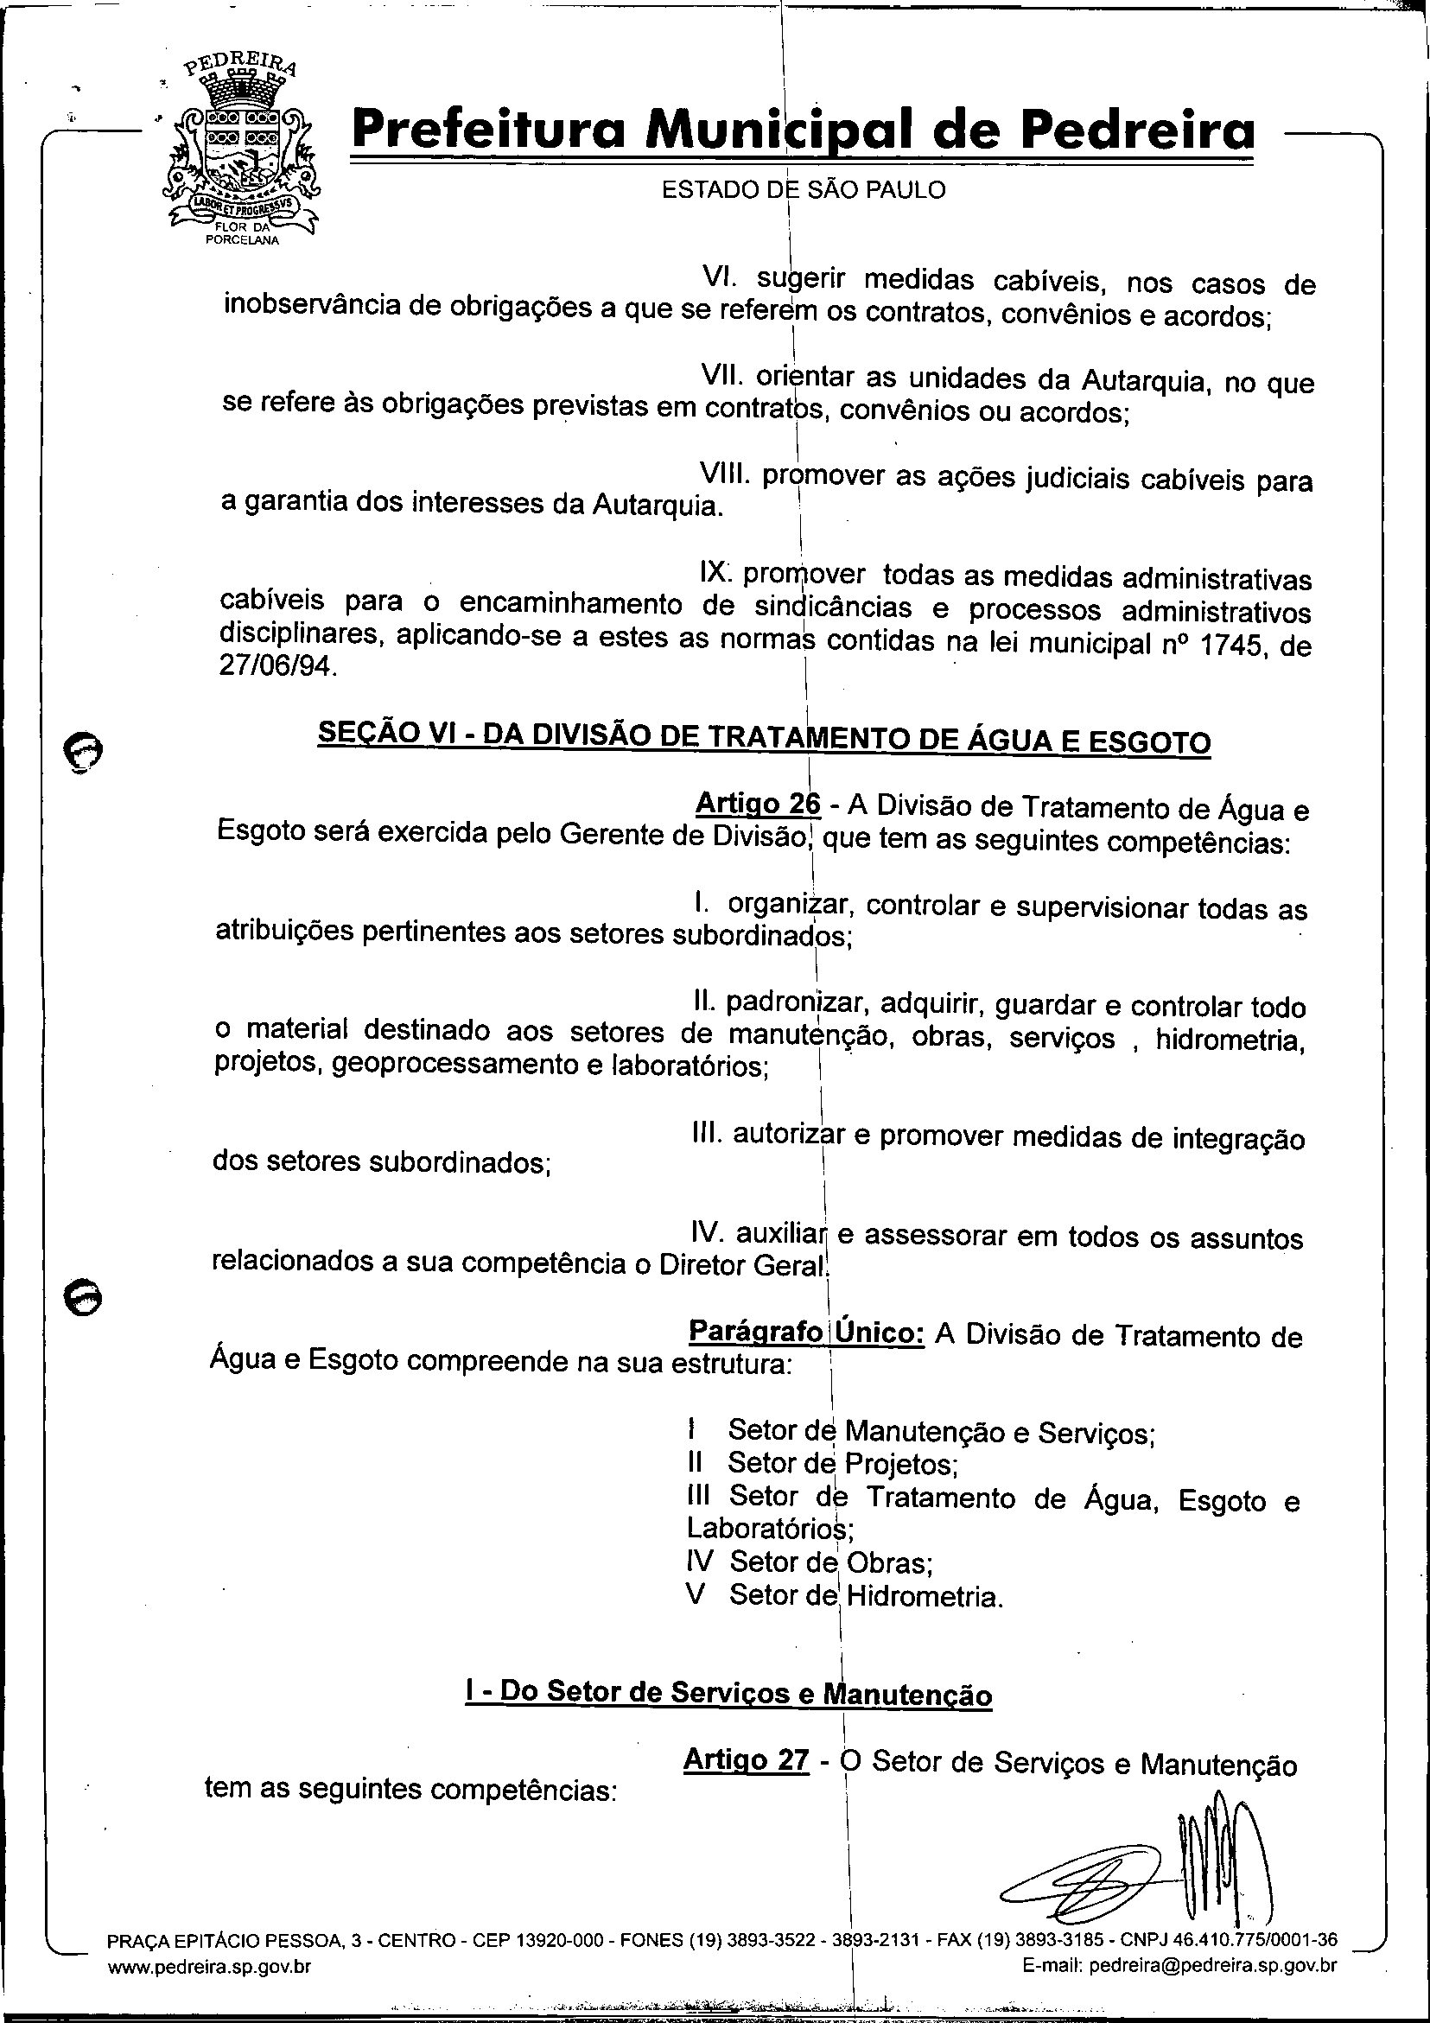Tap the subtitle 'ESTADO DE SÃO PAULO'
click(x=804, y=189)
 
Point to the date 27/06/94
click(x=275, y=665)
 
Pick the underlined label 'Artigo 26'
click(x=757, y=805)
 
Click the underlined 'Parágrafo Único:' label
click(x=805, y=1331)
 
